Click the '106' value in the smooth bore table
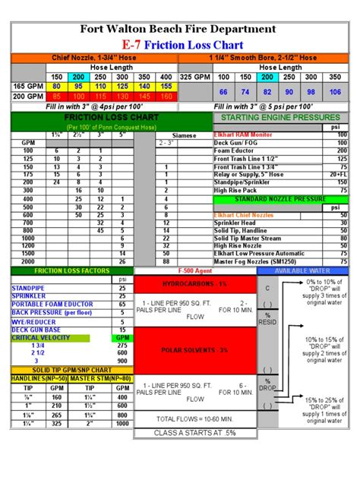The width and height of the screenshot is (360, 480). [x=335, y=92]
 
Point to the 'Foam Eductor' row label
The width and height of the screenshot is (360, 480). [x=236, y=150]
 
